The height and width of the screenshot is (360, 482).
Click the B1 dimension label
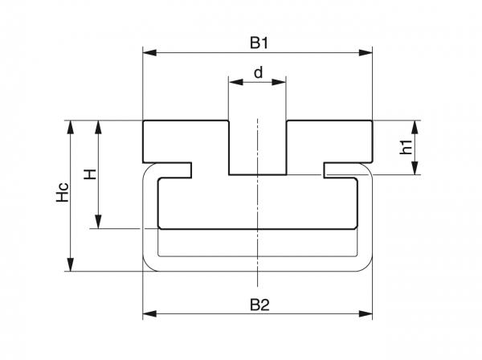(x=258, y=39)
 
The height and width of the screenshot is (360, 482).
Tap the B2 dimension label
(x=258, y=303)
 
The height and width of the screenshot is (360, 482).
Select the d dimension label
(x=258, y=72)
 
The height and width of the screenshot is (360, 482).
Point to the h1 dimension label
(x=406, y=147)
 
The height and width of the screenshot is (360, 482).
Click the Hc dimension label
(x=63, y=195)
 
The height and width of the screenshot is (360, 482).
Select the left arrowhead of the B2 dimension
(x=148, y=314)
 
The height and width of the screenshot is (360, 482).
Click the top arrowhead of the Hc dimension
(x=71, y=125)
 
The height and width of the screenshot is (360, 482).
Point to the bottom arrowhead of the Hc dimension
(x=71, y=266)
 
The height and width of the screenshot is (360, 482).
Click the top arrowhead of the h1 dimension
(x=415, y=125)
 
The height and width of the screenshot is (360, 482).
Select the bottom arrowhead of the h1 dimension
(x=415, y=170)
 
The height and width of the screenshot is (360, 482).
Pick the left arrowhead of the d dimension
(x=234, y=81)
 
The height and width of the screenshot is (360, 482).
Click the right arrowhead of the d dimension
(x=282, y=81)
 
